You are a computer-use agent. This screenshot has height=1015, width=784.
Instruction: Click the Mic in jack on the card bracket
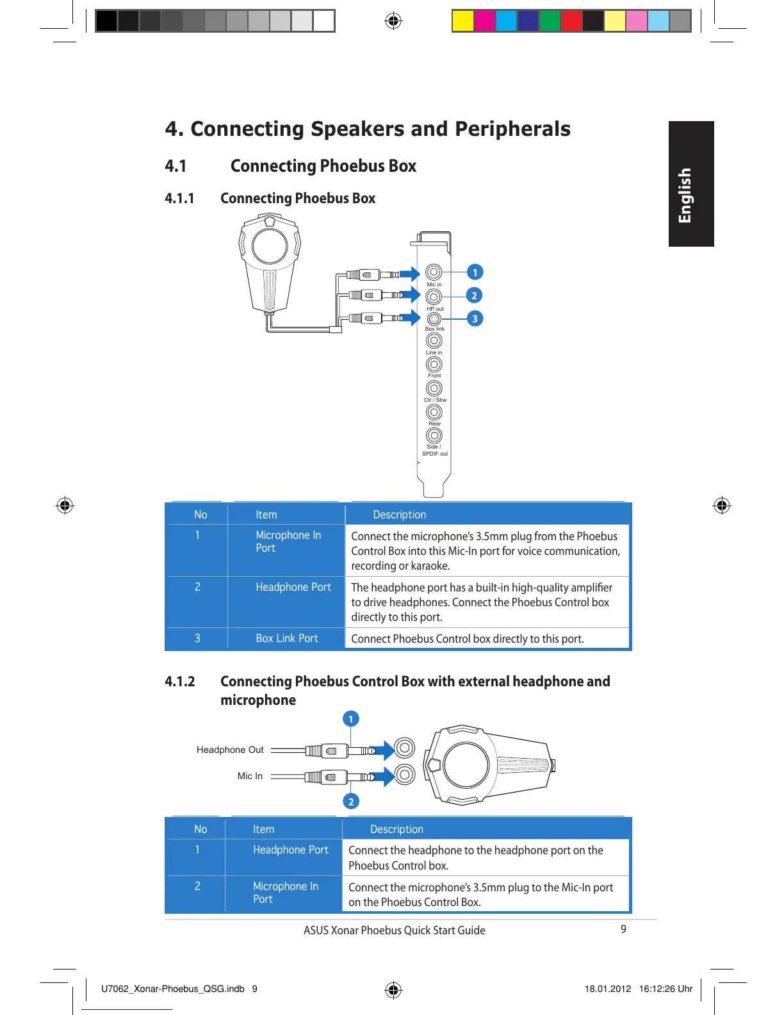coord(434,272)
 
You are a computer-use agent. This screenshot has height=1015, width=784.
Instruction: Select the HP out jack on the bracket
coord(434,297)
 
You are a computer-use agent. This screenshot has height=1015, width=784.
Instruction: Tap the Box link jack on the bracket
coord(434,318)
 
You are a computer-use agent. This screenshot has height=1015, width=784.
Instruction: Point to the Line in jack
coord(434,340)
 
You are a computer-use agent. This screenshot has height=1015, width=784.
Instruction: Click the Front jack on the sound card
coord(434,364)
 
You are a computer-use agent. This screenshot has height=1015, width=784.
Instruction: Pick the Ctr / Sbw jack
coord(434,388)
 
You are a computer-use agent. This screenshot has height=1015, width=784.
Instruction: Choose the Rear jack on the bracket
coord(434,411)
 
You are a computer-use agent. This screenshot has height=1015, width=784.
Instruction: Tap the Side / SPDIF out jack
coord(434,435)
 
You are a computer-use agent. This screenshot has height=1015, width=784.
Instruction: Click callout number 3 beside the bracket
coord(475,318)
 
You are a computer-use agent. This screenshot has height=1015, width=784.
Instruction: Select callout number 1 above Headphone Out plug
coord(350,719)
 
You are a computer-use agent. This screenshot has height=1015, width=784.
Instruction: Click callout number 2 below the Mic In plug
coord(350,802)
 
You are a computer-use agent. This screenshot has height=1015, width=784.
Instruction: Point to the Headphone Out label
coord(230,750)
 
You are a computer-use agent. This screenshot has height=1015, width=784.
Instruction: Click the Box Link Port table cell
coord(287,638)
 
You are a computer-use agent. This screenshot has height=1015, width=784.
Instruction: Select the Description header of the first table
coord(399,515)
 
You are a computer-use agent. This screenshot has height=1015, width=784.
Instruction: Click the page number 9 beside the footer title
coord(623,929)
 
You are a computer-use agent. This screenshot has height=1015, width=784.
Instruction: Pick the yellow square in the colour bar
coord(462,21)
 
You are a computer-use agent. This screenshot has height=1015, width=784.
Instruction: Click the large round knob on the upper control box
coord(270,245)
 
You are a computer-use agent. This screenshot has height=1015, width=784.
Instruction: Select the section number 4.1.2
coord(180,681)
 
